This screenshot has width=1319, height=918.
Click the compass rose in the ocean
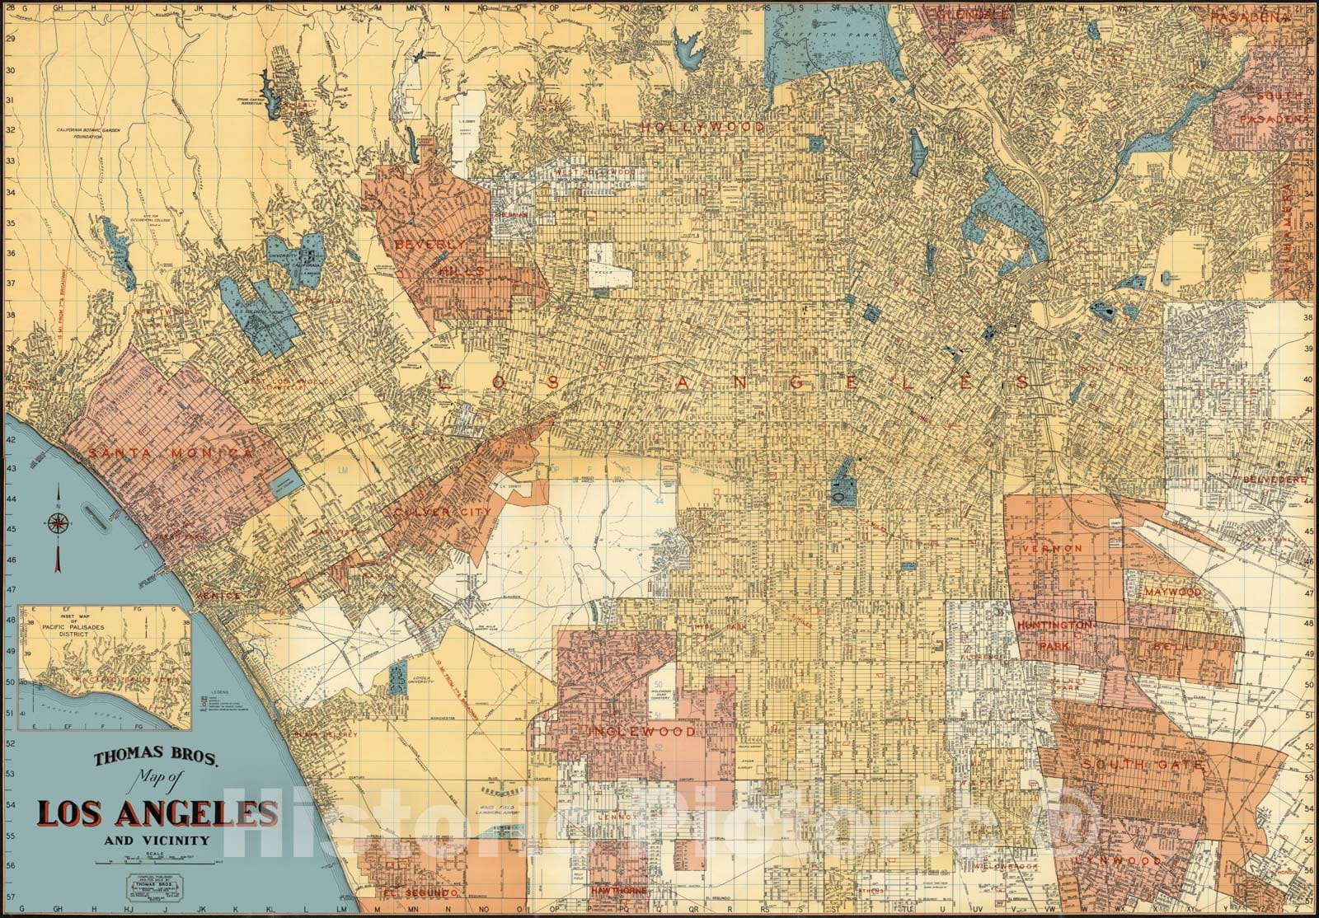pos(59,522)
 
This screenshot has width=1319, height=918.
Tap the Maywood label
pos(1172,592)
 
